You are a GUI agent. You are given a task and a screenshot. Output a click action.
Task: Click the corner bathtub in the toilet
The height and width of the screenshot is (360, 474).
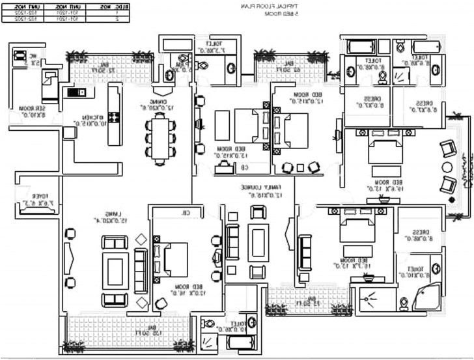[x=424, y=296]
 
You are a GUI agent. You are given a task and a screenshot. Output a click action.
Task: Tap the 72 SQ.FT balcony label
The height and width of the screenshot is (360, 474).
[x=103, y=68]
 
